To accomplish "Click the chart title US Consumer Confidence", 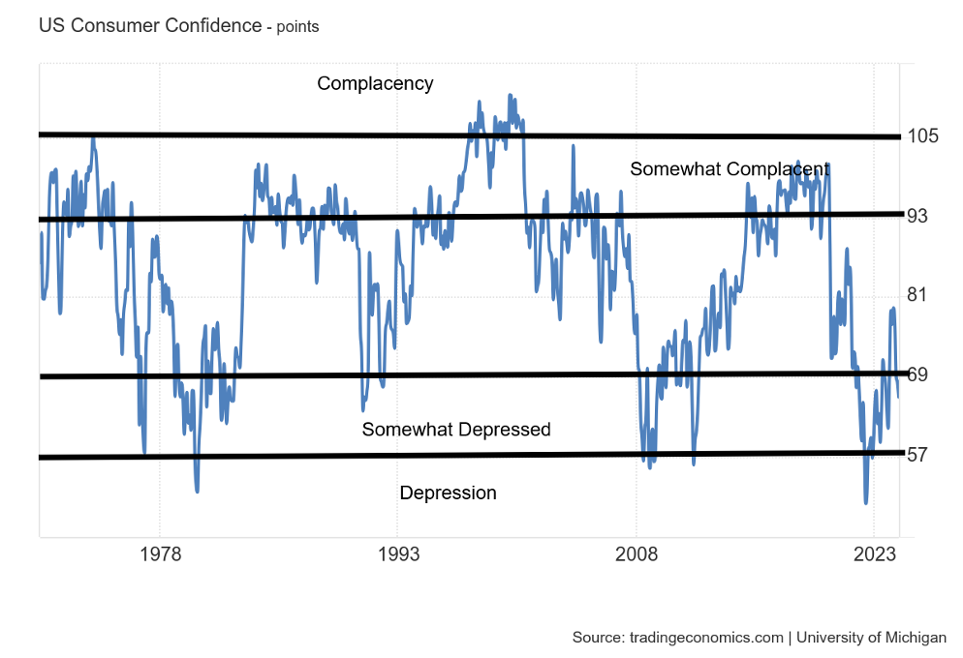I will [150, 26].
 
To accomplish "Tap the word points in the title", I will [297, 27].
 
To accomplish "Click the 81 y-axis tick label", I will [917, 294].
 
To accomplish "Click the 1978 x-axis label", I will [160, 554].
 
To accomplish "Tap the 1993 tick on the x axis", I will [398, 554].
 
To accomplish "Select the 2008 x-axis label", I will [637, 554].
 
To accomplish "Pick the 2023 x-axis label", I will [874, 554].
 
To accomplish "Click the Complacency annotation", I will [375, 83].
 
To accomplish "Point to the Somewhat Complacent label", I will [730, 168].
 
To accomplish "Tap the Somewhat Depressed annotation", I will [456, 429].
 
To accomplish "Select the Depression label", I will [448, 493].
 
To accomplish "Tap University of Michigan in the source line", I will [870, 638].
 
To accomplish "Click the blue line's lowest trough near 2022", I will [865, 502].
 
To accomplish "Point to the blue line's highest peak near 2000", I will [510, 95].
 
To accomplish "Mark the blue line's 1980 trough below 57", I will [197, 491].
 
